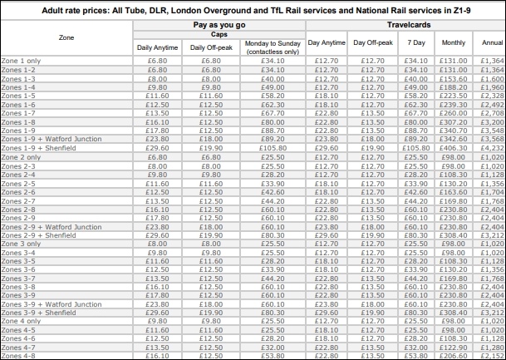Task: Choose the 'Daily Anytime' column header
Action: (158, 47)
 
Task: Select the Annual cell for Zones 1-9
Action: (492, 131)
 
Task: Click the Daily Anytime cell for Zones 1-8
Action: (158, 121)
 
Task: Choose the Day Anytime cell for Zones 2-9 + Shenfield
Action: (325, 234)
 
